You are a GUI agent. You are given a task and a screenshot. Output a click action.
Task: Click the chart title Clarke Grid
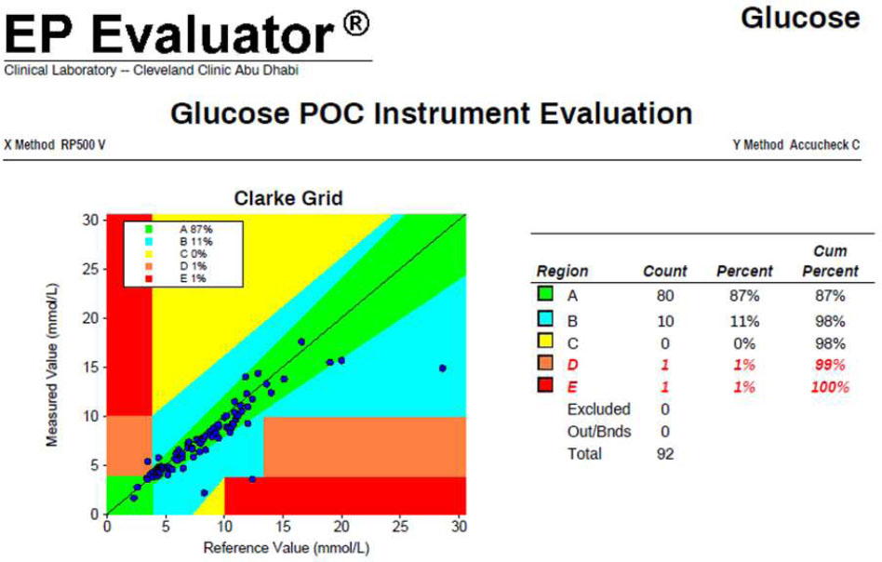pos(288,198)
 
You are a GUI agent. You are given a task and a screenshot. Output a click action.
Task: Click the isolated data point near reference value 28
pos(443,368)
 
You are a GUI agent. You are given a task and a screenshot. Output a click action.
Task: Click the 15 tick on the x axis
pos(283,527)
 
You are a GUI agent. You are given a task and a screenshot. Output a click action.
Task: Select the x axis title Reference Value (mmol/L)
pos(287,548)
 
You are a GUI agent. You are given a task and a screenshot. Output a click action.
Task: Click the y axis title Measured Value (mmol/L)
pos(52,366)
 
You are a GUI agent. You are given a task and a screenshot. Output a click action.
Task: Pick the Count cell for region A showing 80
pos(665,296)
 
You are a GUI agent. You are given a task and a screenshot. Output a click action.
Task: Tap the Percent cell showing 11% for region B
pos(744,321)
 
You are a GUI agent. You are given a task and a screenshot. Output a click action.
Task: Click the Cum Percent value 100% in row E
pos(830,387)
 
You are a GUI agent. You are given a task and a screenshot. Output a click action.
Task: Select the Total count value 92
pos(665,454)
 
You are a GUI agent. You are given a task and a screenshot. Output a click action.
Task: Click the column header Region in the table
pos(562,271)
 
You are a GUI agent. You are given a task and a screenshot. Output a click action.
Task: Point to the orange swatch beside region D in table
pos(545,363)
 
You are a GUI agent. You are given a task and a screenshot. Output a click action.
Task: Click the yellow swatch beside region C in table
pos(545,341)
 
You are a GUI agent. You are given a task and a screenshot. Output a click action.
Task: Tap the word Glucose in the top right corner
pos(800,18)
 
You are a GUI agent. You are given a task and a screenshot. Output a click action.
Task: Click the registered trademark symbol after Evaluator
pos(356,25)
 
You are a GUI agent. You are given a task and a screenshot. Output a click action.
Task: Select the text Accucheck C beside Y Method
pos(824,145)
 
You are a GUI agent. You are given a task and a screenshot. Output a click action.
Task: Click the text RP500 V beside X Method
pos(83,145)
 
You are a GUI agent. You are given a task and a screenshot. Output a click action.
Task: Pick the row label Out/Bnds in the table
pos(599,432)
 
